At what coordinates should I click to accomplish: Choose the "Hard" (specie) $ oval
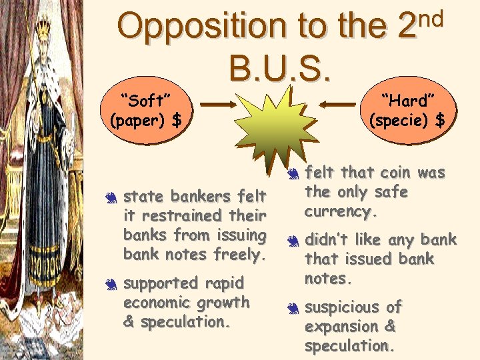[408, 110]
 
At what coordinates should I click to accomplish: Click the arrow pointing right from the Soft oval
[217, 105]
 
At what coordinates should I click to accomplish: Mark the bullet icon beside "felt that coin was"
[293, 175]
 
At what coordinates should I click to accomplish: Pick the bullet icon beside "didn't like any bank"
[293, 240]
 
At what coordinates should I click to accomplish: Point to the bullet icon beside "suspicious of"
[293, 308]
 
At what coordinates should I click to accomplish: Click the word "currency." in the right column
[341, 213]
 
